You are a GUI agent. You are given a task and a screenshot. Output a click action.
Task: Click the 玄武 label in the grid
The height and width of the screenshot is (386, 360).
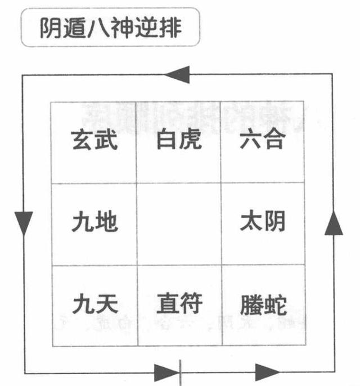click(x=94, y=140)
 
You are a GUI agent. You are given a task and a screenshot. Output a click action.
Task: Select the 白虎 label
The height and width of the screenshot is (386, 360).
click(x=179, y=139)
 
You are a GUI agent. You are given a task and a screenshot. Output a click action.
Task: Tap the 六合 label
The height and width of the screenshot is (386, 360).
click(x=262, y=140)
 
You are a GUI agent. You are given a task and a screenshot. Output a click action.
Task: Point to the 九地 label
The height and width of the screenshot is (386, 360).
click(x=94, y=223)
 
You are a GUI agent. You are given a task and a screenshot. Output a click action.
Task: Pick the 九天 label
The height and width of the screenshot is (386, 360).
click(x=94, y=305)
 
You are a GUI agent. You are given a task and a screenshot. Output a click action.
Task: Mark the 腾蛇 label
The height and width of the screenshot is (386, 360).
click(x=263, y=305)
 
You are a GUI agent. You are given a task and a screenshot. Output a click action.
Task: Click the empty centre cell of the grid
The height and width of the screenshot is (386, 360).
click(x=179, y=223)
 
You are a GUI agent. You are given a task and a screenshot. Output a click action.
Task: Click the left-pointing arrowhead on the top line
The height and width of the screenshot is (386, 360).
click(x=178, y=74)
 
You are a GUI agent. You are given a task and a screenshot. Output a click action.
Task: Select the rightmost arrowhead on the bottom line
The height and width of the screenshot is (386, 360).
click(x=267, y=371)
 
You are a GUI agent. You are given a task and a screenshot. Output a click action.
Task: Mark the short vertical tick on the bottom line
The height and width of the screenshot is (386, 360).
click(x=179, y=371)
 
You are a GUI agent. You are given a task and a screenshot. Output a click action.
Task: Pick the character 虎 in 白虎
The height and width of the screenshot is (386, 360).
click(x=191, y=139)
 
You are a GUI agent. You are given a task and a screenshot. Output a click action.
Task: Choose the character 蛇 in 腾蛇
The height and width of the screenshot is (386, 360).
click(x=274, y=305)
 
